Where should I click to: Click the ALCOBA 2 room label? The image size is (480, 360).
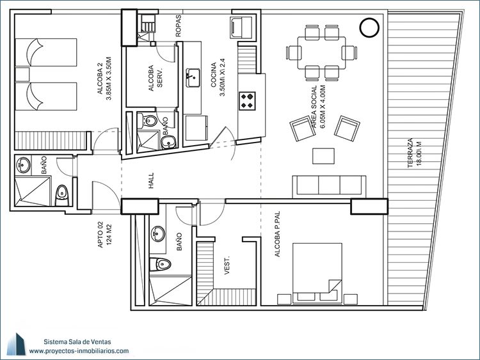(100, 79)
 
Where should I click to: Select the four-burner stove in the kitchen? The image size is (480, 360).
(247, 101)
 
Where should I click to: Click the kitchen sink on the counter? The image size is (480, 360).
(193, 77)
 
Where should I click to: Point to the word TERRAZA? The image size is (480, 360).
(410, 153)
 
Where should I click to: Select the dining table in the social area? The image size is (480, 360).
(321, 53)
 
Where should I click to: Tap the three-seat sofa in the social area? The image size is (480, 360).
(329, 186)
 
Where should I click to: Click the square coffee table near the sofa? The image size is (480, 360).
(323, 156)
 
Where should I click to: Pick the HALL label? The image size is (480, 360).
(151, 180)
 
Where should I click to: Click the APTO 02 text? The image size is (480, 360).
(100, 235)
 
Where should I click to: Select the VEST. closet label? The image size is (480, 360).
(227, 265)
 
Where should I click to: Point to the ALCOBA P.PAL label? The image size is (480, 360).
(277, 233)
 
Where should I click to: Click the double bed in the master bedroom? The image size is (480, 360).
(317, 274)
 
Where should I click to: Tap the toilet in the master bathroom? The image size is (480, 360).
(160, 264)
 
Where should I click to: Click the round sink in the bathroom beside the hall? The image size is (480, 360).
(23, 165)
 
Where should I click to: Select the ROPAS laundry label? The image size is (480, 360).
(179, 26)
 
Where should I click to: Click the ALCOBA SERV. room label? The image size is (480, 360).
(156, 78)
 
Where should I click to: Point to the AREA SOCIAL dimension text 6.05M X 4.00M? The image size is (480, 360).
(322, 106)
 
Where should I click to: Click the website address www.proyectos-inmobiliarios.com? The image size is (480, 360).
(79, 351)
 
